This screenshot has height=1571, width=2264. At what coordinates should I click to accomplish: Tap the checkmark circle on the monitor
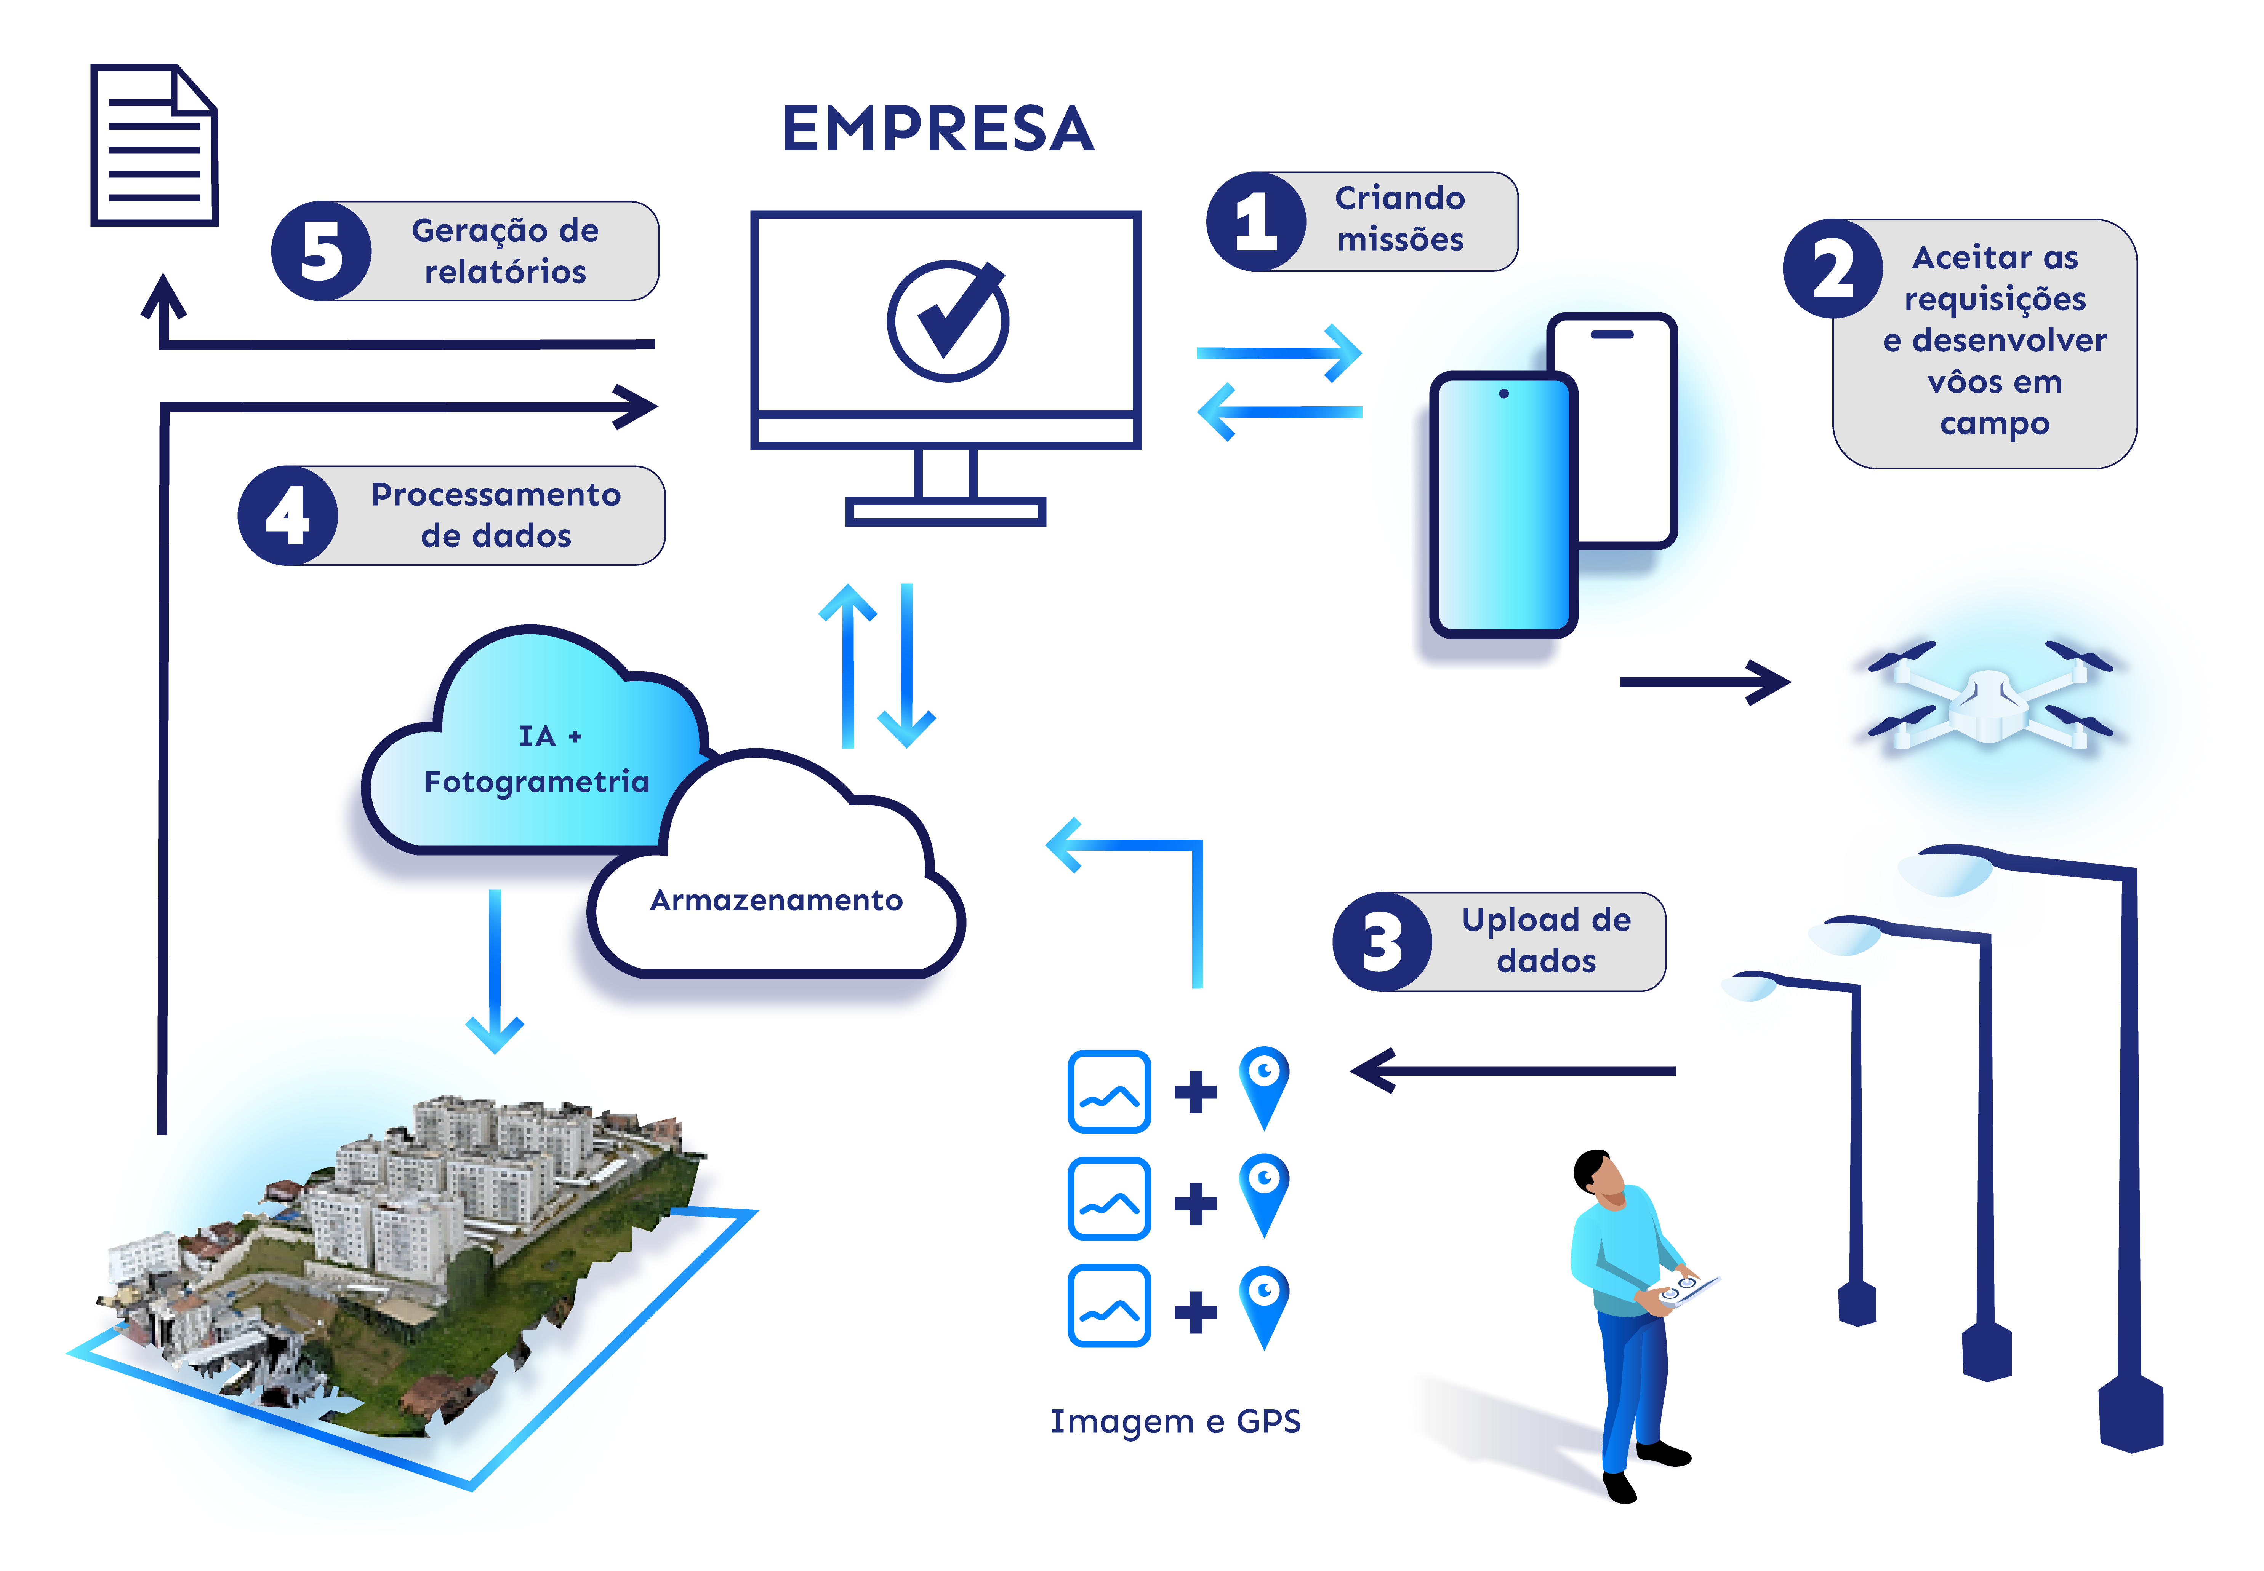click(x=947, y=320)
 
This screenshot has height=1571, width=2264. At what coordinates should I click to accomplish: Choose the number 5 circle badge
click(x=321, y=251)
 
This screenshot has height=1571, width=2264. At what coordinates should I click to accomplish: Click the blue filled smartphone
click(x=1503, y=504)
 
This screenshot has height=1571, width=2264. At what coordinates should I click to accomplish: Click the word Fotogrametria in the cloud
click(x=537, y=782)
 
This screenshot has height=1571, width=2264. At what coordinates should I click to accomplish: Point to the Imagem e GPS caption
click(x=1175, y=1421)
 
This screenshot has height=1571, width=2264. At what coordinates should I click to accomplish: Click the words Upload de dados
click(x=1546, y=940)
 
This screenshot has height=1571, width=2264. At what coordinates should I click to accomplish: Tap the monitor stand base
click(x=945, y=511)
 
